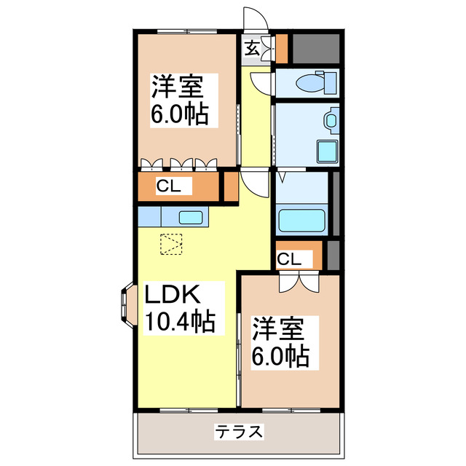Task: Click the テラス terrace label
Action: point(238,432)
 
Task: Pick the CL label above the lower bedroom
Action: point(288,258)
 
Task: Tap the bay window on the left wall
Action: point(126,303)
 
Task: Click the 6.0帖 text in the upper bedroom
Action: point(178,114)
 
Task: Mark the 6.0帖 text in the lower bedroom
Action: point(280,356)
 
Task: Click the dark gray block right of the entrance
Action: point(316,47)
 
